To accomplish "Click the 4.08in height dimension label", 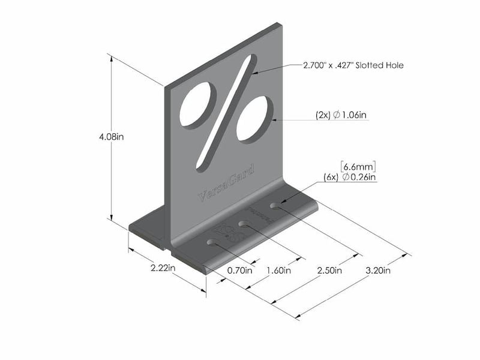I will pyautogui.click(x=112, y=136).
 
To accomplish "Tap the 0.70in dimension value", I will pyautogui.click(x=240, y=270).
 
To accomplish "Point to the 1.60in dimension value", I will pyautogui.click(x=278, y=270).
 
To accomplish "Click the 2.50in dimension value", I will pyautogui.click(x=329, y=270).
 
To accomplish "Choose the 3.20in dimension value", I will pyautogui.click(x=379, y=270).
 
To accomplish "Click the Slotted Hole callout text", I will pyautogui.click(x=353, y=65).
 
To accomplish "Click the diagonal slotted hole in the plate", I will pyautogui.click(x=225, y=114).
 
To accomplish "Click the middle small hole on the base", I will pyautogui.click(x=245, y=224).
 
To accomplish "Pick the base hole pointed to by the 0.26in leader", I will pyautogui.click(x=275, y=206).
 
